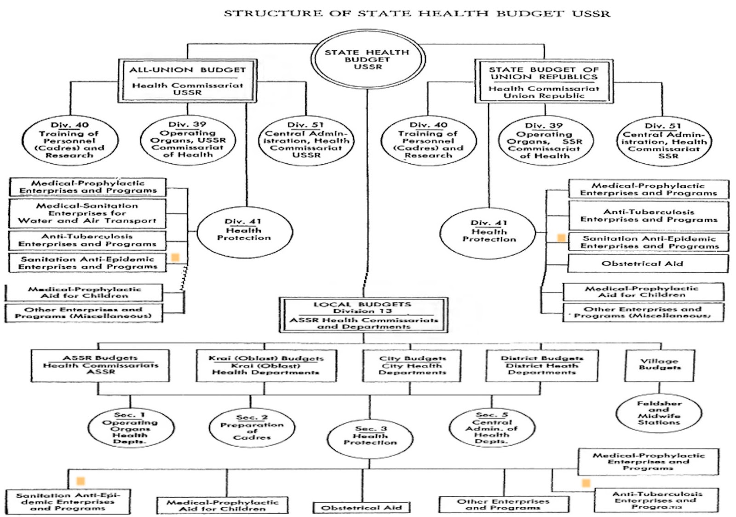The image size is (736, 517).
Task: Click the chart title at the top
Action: pyautogui.click(x=417, y=13)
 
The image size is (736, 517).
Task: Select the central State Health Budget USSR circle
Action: pyautogui.click(x=367, y=59)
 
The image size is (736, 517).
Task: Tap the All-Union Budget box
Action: pyautogui.click(x=187, y=81)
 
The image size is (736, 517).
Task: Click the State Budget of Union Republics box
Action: pyautogui.click(x=544, y=81)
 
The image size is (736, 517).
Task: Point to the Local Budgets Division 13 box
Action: pyautogui.click(x=363, y=315)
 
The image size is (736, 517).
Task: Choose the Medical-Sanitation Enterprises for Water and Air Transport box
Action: pyautogui.click(x=87, y=213)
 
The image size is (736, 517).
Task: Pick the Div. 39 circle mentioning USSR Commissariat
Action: pyautogui.click(x=188, y=140)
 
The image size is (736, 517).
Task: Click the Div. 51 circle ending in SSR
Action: pyautogui.click(x=664, y=141)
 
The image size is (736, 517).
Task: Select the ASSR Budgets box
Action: pyautogui.click(x=100, y=365)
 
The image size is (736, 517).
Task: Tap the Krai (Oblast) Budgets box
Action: pyautogui.click(x=266, y=365)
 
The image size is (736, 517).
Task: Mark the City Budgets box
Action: pyautogui.click(x=412, y=365)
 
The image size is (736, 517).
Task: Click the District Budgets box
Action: pyautogui.click(x=542, y=365)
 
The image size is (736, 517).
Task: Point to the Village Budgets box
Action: pyautogui.click(x=660, y=365)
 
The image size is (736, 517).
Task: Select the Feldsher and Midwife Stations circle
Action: pyautogui.click(x=659, y=413)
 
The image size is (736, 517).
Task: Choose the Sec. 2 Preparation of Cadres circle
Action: pyautogui.click(x=252, y=428)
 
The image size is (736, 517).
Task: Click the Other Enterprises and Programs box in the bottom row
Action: pyautogui.click(x=503, y=504)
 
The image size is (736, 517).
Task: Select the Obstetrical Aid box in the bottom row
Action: pyautogui.click(x=362, y=507)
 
